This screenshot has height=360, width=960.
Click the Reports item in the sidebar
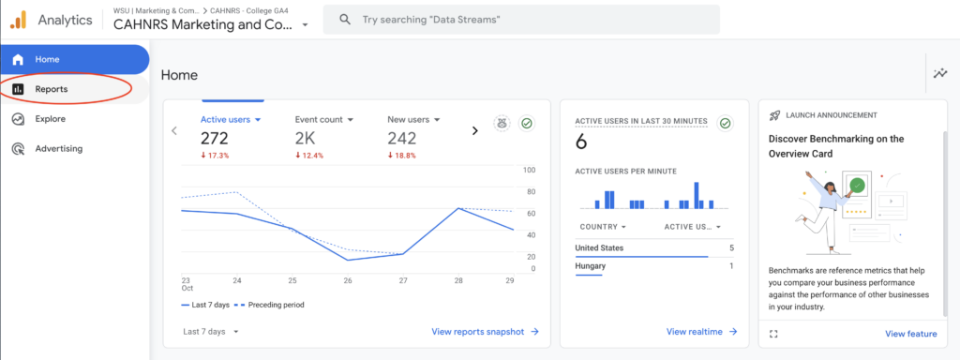tap(52, 89)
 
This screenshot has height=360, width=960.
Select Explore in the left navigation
tap(51, 119)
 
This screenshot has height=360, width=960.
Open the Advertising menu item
tap(59, 148)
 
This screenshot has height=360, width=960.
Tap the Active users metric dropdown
tap(231, 120)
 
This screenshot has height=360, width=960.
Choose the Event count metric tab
tap(323, 120)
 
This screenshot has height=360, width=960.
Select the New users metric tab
tap(415, 120)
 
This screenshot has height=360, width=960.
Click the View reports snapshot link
tap(485, 331)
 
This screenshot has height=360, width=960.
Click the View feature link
tap(910, 334)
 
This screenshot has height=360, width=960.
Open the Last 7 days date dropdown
tap(210, 331)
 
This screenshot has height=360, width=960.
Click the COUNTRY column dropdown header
tap(602, 227)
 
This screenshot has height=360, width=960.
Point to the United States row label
tap(599, 247)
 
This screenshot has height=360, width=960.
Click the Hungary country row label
tap(591, 266)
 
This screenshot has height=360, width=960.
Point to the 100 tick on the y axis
tap(529, 170)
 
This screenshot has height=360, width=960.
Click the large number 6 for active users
tap(581, 142)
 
